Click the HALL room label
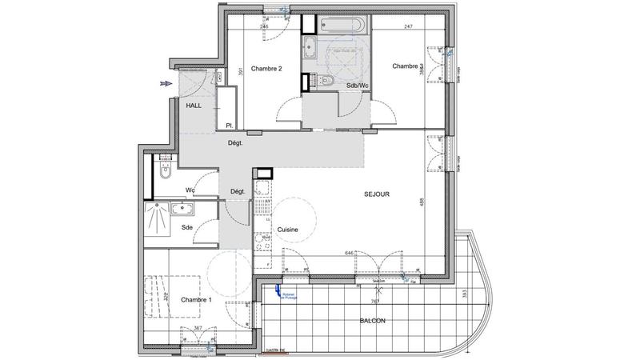coord(194,105)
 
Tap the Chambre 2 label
coord(266,69)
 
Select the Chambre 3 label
coord(407,66)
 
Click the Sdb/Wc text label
coord(357,86)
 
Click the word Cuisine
coord(288,230)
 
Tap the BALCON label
coord(373,321)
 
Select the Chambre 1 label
coord(196,300)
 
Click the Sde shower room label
coord(186,228)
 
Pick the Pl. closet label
coord(229,125)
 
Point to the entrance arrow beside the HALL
coord(166,83)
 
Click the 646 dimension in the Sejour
coord(349,253)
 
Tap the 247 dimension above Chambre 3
coord(407,27)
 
